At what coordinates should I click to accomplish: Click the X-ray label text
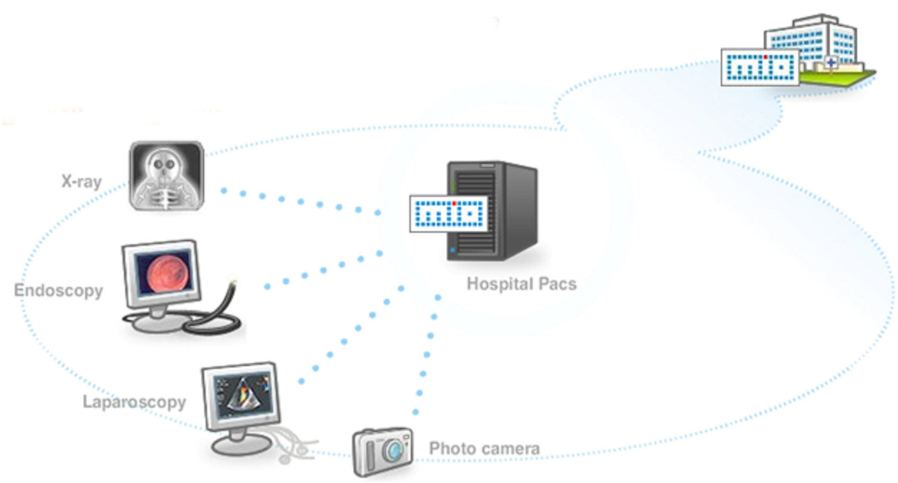[81, 182]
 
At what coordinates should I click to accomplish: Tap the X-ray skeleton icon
[166, 176]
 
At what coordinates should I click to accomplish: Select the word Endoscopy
[59, 291]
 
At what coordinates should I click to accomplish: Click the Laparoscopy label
[134, 402]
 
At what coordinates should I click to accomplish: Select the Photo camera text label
[484, 448]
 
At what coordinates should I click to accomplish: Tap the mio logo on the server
[449, 213]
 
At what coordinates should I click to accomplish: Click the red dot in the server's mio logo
[454, 204]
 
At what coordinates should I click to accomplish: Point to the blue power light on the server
[453, 251]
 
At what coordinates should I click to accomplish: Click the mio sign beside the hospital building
[760, 67]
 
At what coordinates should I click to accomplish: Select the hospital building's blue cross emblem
[830, 63]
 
